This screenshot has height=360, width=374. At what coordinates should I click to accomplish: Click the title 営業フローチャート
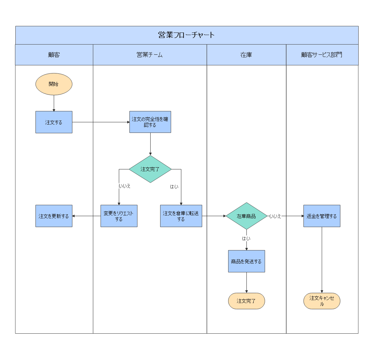point(186,35)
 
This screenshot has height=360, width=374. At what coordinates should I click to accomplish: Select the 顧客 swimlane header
point(54,55)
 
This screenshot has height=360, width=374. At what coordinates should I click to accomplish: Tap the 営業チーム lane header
point(150,55)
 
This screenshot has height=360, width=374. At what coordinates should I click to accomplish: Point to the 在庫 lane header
point(246,55)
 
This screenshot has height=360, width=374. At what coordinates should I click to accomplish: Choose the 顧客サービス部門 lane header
point(322,55)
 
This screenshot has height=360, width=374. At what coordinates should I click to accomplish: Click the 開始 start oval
point(54,84)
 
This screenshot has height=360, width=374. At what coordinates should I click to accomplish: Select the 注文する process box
point(54,122)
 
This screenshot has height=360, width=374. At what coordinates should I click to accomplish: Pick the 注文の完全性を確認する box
point(150,122)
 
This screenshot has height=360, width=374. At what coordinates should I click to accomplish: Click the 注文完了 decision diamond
point(150,169)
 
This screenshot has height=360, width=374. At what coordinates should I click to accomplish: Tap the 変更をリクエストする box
point(119,216)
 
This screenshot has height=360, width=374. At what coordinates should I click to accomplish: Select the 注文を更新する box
point(54,216)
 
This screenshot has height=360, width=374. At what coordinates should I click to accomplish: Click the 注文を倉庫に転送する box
point(181,216)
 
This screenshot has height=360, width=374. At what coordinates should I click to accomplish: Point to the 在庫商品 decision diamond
point(246,216)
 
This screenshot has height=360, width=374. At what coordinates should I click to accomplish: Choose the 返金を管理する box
point(322,216)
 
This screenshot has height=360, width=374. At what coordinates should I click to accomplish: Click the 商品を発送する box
point(246,261)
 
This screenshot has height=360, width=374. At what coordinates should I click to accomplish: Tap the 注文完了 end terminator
point(246,301)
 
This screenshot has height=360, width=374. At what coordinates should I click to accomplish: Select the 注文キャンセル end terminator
point(322,301)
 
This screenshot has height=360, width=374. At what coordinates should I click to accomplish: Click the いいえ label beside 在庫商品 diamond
point(275,216)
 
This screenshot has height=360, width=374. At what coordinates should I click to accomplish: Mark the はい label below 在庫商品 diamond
point(246,239)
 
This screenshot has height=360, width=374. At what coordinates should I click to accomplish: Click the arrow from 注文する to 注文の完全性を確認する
point(101,122)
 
